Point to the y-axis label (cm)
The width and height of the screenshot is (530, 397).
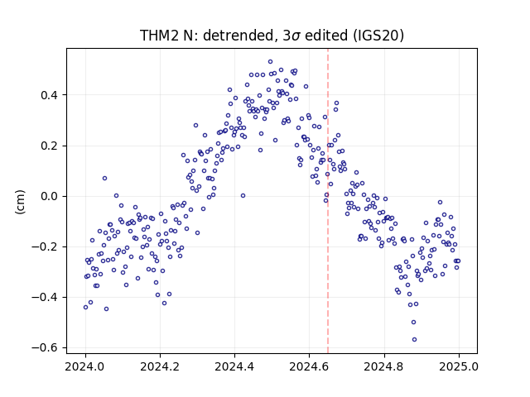coord(20,202)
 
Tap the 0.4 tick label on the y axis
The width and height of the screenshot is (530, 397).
coord(49,95)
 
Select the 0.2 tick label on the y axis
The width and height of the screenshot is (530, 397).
coord(49,146)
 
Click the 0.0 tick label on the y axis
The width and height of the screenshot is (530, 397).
coord(49,196)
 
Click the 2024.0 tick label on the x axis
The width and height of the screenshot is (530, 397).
coord(85,366)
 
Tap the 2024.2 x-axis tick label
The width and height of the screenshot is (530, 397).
coord(160,366)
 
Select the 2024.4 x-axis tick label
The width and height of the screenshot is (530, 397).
coord(234,366)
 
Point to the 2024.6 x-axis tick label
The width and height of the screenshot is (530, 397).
coord(309,366)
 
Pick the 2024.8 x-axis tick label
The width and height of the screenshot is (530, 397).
coord(384,366)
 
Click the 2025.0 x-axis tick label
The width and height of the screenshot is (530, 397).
coord(459,366)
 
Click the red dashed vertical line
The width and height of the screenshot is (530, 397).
coord(328,201)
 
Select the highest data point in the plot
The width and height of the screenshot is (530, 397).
coord(271,62)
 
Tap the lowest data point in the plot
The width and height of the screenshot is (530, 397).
coord(414,340)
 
